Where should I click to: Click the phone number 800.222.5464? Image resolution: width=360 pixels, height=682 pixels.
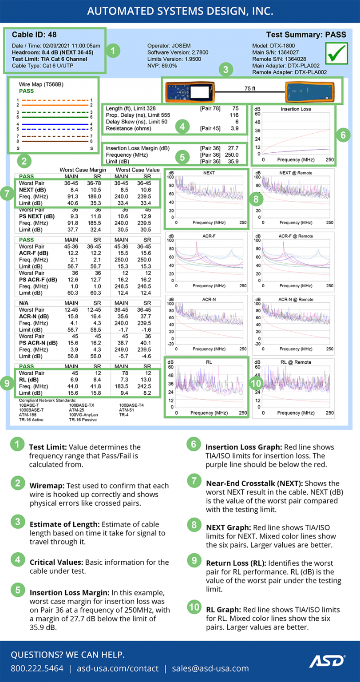tap(37, 668)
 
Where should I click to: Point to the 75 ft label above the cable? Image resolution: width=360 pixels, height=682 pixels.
tap(250, 88)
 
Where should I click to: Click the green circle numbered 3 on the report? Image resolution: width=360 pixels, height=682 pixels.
tap(226, 69)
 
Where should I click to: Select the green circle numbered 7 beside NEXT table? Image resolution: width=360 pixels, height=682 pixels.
tap(7, 194)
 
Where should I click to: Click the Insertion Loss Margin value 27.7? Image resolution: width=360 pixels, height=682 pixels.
tap(233, 148)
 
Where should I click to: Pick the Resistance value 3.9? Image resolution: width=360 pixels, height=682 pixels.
tap(235, 128)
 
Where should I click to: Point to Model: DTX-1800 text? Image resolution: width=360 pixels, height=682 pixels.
tap(273, 46)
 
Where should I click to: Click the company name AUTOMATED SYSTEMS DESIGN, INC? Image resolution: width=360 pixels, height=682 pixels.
tap(180, 11)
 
